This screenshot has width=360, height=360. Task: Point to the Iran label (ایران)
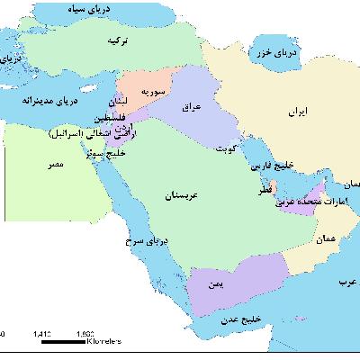(x=287, y=113)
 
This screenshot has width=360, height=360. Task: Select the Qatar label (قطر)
(x=256, y=191)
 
